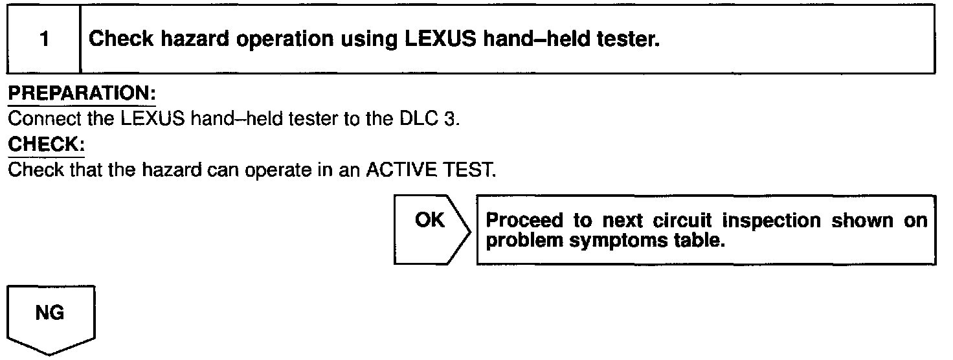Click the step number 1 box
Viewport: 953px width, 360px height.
[43, 39]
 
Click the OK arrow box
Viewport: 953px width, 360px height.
[430, 229]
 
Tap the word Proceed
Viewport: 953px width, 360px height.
[524, 220]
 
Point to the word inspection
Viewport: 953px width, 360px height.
[768, 221]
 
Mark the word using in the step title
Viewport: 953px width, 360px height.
[368, 40]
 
